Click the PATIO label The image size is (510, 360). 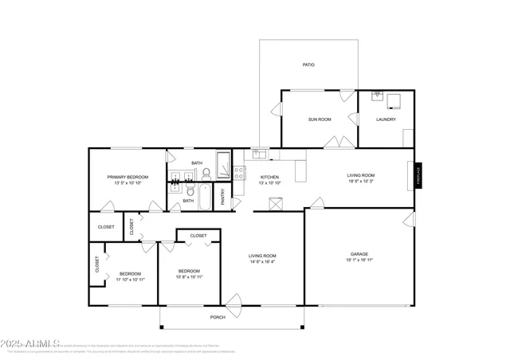(308, 65)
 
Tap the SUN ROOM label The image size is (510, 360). (320, 119)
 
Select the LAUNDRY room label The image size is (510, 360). (386, 119)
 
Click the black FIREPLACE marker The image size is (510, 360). (416, 176)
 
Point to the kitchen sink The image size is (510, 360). (259, 154)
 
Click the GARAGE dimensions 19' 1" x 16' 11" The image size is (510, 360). (359, 260)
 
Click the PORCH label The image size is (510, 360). (218, 317)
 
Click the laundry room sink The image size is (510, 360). (378, 95)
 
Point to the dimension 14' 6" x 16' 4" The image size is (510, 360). (263, 261)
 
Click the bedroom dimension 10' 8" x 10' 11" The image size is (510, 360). (190, 276)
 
